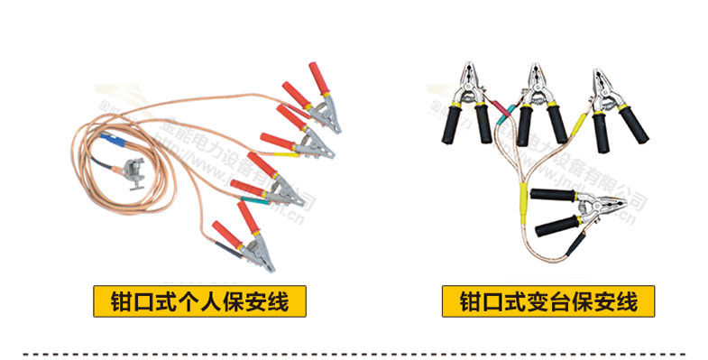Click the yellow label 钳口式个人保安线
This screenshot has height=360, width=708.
199,300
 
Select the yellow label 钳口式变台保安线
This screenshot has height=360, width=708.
547,300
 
